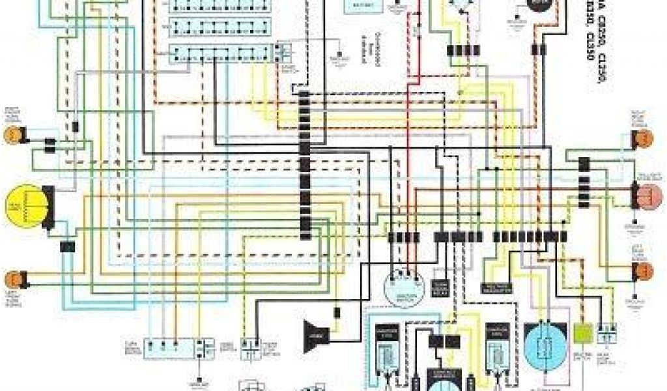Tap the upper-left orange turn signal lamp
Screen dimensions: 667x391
pyautogui.click(x=11, y=134)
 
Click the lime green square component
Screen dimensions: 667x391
pyautogui.click(x=582, y=332)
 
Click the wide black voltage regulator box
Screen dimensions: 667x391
pyautogui.click(x=498, y=287)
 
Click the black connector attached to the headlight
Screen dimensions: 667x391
pyautogui.click(x=48, y=207)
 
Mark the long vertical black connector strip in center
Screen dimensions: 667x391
pyautogui.click(x=305, y=163)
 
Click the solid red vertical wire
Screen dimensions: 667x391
pyautogui.click(x=409, y=130)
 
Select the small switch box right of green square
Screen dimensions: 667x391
pyautogui.click(x=608, y=332)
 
